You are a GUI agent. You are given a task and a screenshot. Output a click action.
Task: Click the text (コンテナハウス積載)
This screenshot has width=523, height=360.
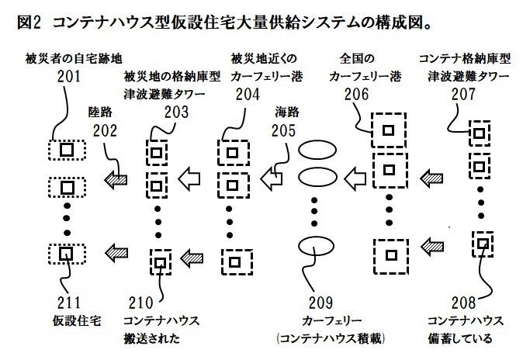tap(331, 339)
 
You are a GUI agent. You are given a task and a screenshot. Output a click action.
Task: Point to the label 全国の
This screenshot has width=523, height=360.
tap(358, 58)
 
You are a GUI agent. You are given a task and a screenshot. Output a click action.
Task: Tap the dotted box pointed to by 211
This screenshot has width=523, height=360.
tap(66, 254)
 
